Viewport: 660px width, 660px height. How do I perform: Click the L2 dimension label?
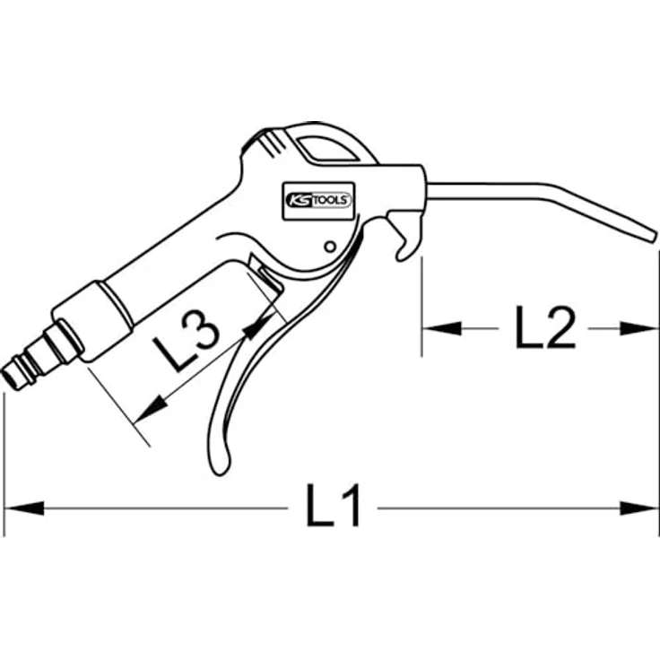click(544, 329)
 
